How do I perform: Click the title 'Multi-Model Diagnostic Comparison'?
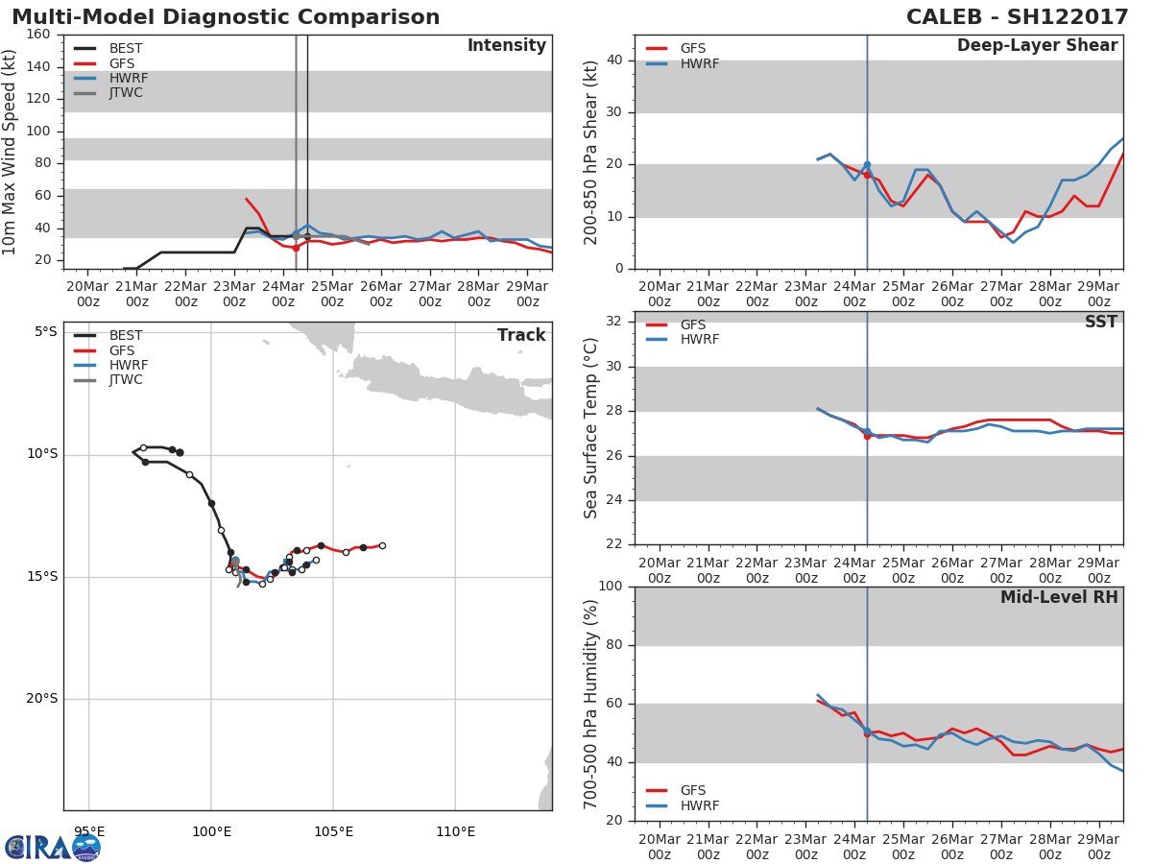pos(226,17)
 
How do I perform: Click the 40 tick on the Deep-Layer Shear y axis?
pos(615,60)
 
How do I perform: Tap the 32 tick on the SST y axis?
pos(615,322)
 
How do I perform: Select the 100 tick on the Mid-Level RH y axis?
pos(611,587)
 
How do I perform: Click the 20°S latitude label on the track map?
pos(41,699)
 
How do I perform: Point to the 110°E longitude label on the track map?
pos(455,831)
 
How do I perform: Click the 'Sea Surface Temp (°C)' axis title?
pos(591,428)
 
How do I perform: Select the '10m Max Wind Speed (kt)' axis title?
pos(11,152)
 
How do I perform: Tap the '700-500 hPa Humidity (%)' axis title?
pos(591,703)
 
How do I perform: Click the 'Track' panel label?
pos(521,336)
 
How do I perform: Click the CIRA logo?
pos(53,847)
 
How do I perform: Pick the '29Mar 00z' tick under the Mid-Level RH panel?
pos(1099,841)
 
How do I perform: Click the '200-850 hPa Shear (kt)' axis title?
pos(591,152)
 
